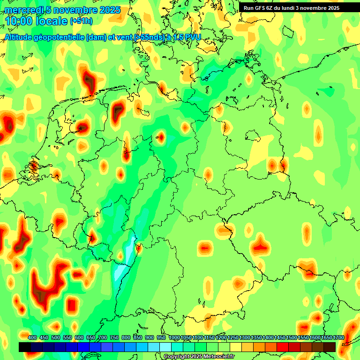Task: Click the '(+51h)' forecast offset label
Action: point(81,21)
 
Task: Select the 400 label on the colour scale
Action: point(32,337)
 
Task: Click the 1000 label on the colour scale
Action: point(174,337)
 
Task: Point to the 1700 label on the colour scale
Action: point(339,337)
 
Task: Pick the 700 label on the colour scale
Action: point(103,337)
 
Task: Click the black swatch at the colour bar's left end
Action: point(25,347)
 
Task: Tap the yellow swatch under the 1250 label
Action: point(236,347)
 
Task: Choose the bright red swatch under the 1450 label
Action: point(283,347)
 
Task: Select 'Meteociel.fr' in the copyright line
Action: point(219,357)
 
